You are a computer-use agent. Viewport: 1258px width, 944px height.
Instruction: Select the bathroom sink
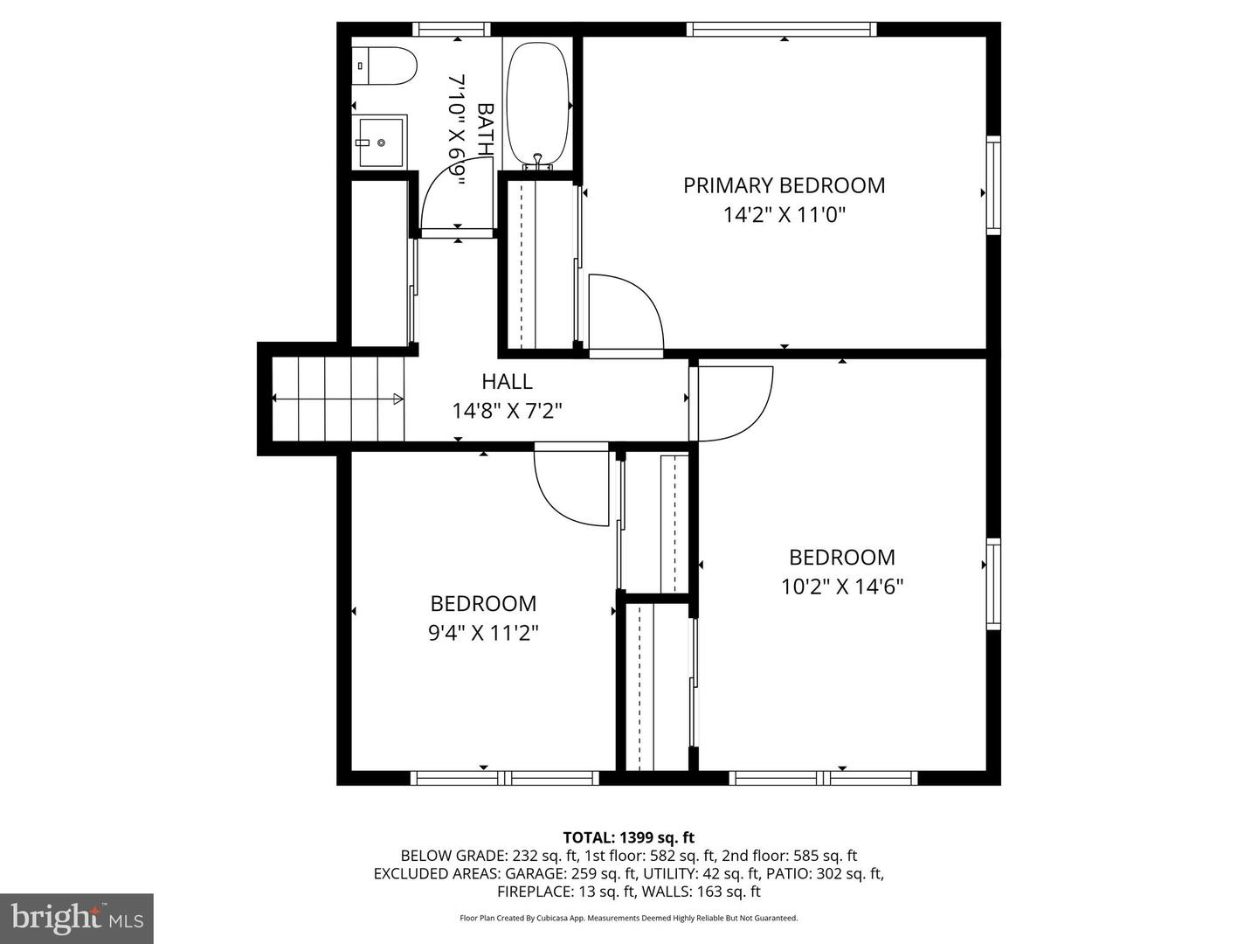[x=380, y=142]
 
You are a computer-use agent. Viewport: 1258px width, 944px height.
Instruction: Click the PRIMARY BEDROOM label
[x=784, y=185]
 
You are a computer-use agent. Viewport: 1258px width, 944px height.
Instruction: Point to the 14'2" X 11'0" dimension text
[x=784, y=214]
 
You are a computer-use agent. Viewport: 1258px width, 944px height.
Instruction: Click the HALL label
[x=507, y=381]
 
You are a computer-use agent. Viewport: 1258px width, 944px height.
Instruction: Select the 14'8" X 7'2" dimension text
[x=507, y=410]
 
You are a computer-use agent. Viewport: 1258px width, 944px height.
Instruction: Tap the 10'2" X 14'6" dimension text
[x=841, y=586]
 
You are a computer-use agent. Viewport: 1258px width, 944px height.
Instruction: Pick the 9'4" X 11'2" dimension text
[x=482, y=632]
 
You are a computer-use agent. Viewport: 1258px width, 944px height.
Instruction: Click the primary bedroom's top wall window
[x=782, y=29]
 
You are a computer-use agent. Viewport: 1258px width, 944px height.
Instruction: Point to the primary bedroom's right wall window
[x=993, y=185]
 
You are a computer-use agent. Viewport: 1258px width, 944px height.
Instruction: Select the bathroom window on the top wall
[x=452, y=29]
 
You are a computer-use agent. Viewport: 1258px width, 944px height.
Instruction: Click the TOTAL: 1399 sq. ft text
[x=629, y=837]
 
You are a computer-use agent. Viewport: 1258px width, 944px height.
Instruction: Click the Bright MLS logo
[x=77, y=918]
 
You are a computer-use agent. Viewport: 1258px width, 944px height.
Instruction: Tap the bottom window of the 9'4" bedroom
[x=504, y=777]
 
